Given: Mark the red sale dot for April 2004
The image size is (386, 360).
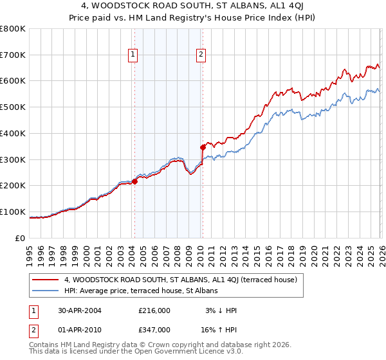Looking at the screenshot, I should coord(135,181).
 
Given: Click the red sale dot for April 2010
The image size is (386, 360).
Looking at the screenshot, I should coord(203,147).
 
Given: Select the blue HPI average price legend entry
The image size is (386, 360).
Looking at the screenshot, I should coord(141,291).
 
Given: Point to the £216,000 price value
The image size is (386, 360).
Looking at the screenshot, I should coord(154,310).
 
